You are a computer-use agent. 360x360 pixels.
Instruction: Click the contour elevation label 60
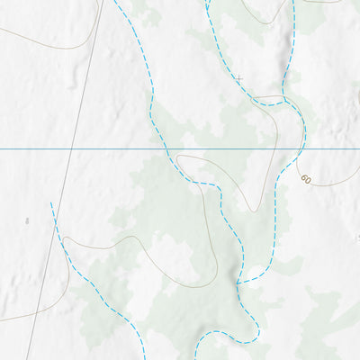(x=306, y=179)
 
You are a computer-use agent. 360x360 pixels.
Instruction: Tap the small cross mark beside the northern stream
(x=238, y=79)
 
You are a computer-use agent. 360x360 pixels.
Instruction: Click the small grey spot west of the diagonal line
(x=27, y=220)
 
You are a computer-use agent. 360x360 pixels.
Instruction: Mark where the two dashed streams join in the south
(x=238, y=283)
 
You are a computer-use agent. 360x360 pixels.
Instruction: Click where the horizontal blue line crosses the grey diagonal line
(x=72, y=148)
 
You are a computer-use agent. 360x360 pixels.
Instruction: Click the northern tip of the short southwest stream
(x=51, y=204)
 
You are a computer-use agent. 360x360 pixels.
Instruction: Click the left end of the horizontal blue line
(x=0, y=148)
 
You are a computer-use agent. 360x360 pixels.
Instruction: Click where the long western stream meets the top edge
(x=115, y=0)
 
